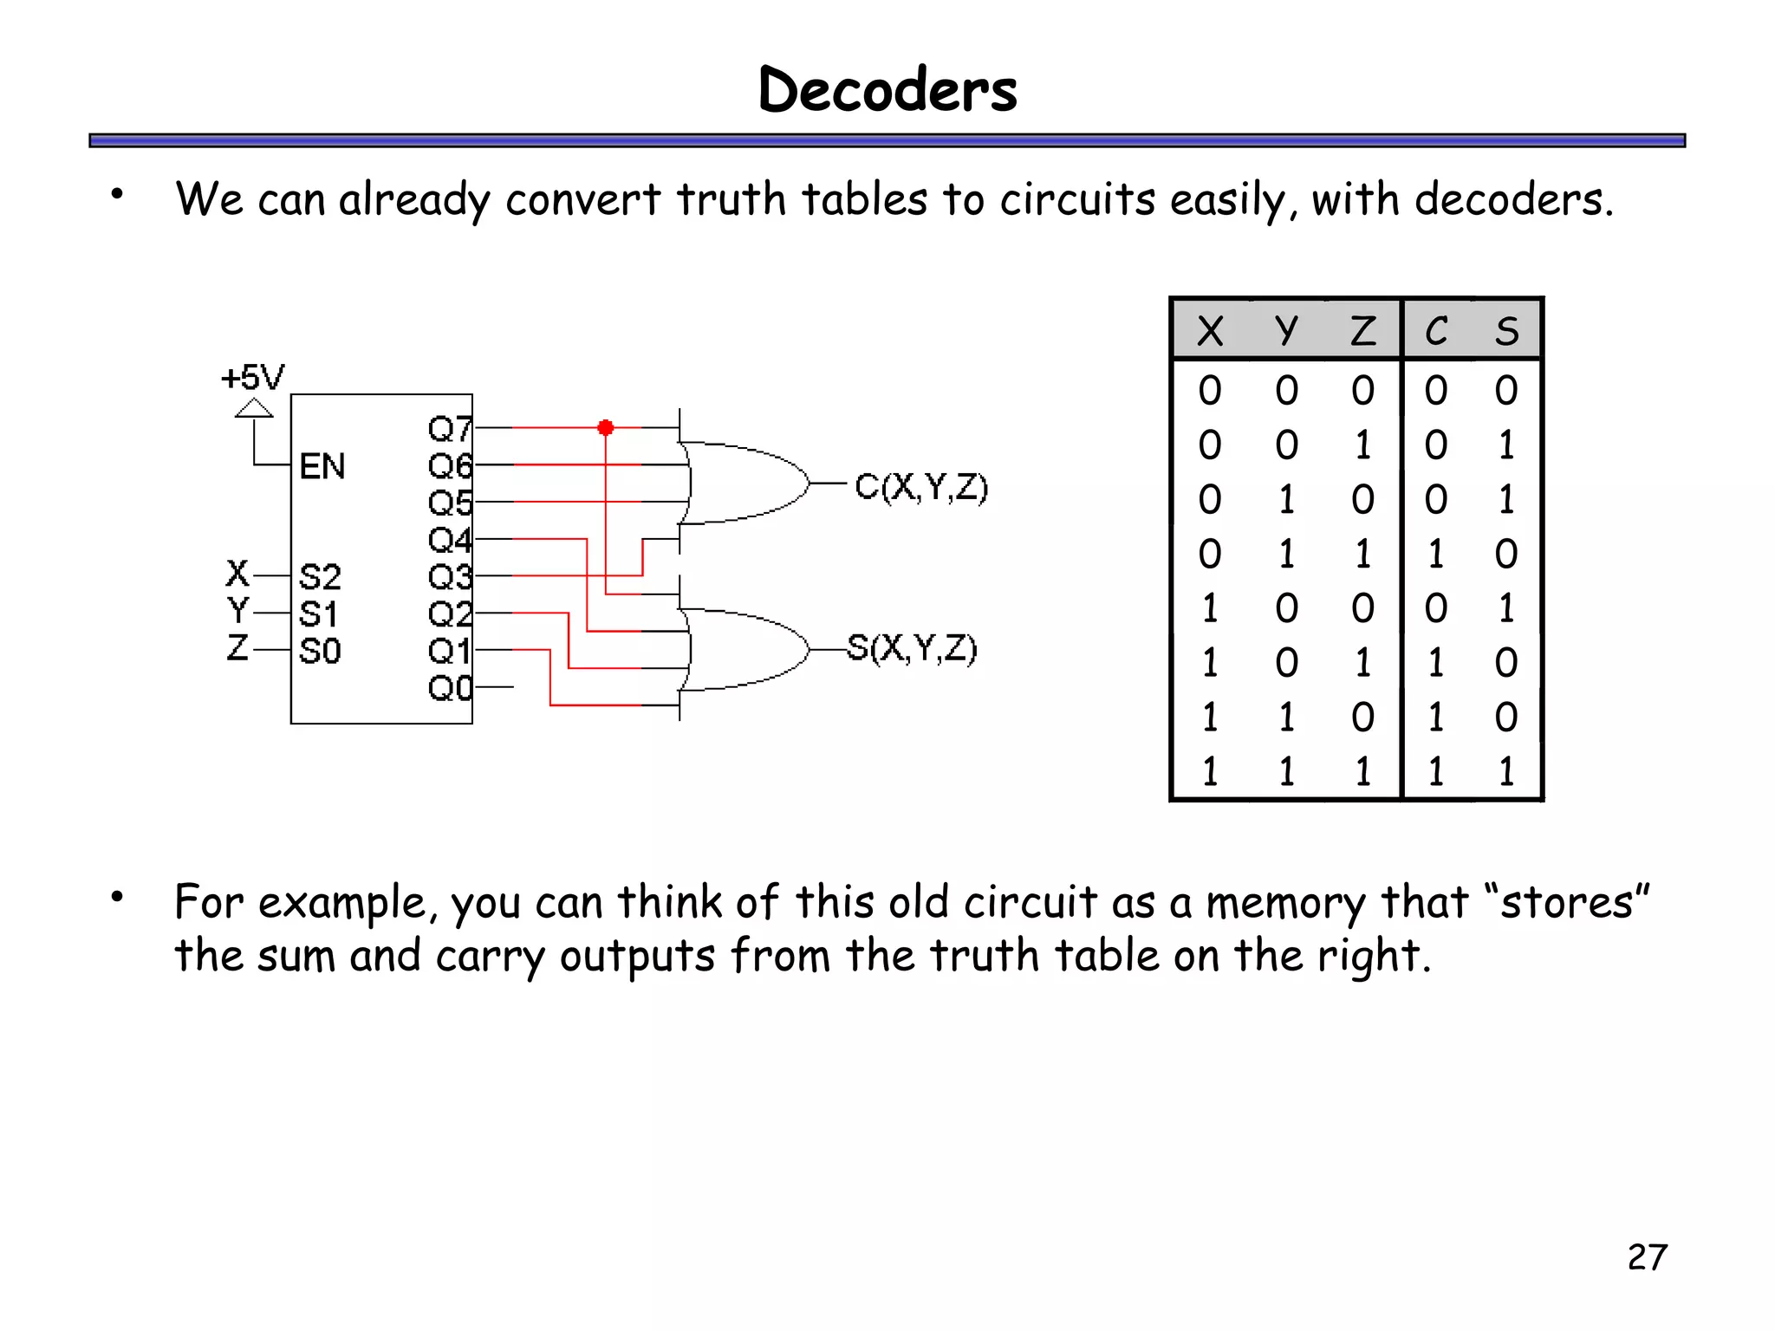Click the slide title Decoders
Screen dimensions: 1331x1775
(887, 89)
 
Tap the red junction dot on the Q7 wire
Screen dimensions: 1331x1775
(606, 427)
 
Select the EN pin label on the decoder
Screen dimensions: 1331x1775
(322, 466)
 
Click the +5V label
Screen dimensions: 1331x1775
(252, 378)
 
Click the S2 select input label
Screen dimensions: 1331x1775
(320, 576)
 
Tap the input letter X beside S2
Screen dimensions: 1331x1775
(237, 574)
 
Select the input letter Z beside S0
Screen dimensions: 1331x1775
(237, 647)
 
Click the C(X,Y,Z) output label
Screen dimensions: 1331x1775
(920, 487)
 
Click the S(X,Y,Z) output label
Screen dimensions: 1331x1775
(912, 647)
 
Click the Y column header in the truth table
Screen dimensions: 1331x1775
(1286, 331)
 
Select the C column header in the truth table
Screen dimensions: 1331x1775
(1436, 331)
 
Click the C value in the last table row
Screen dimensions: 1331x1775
(1436, 771)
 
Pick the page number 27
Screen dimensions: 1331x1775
(1647, 1257)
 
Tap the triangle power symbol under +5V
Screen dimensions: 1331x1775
(254, 408)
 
